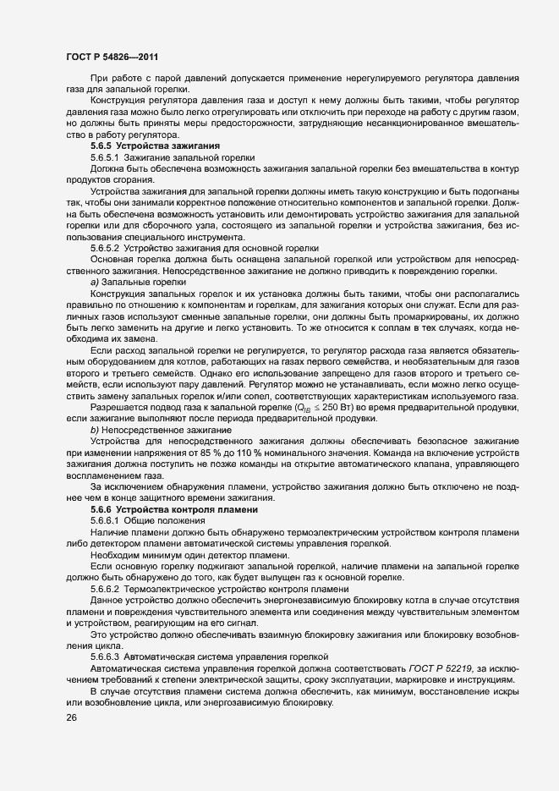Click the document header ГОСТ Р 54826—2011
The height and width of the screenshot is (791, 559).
click(x=112, y=56)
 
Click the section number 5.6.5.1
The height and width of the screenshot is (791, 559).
click(x=105, y=157)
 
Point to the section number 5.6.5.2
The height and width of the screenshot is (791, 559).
click(x=105, y=248)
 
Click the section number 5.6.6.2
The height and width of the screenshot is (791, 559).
click(x=105, y=587)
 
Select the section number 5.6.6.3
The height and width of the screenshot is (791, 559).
click(x=105, y=656)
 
